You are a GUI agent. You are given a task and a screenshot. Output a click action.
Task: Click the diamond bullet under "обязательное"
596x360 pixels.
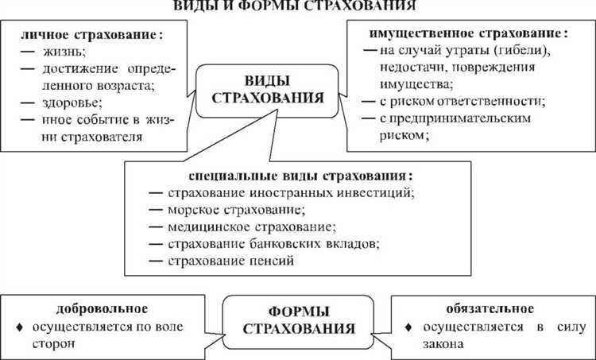pyautogui.click(x=408, y=328)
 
